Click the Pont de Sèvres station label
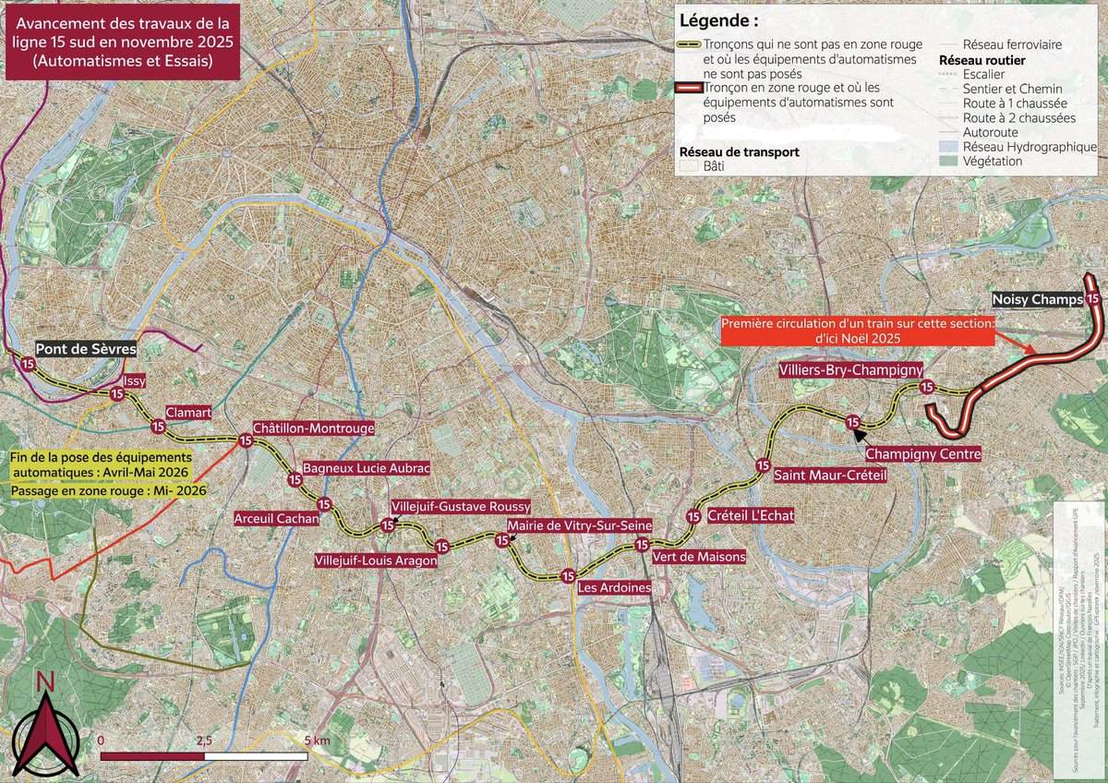tap(86, 350)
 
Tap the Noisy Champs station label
tap(1036, 300)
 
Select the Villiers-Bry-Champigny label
tap(850, 370)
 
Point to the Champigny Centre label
tap(922, 454)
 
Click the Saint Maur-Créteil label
tap(829, 476)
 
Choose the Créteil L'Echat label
tap(751, 514)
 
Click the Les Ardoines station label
tap(614, 587)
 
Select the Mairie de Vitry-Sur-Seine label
tap(580, 524)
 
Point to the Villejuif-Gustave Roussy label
tap(462, 507)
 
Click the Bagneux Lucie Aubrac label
tap(367, 468)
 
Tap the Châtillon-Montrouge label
tap(314, 428)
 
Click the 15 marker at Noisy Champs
tap(1093, 299)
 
